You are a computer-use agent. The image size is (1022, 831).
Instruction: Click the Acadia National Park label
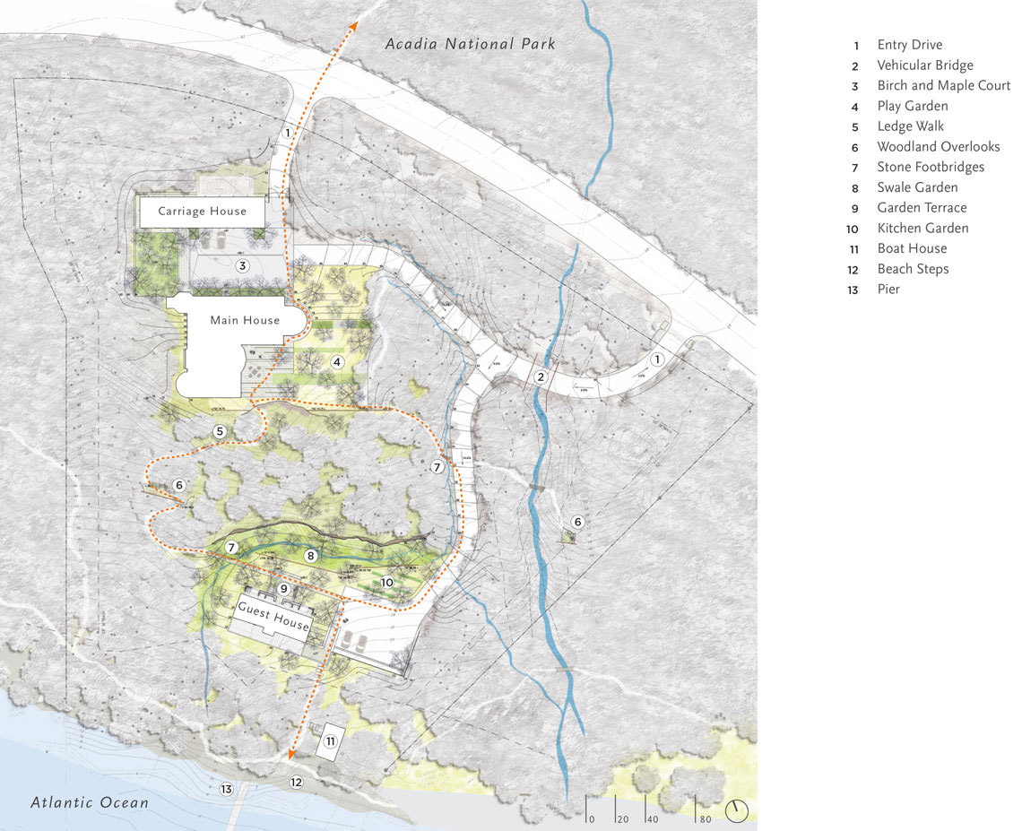471,43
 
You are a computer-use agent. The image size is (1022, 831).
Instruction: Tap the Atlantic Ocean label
90,802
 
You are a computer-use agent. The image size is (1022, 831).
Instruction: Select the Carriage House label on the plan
202,212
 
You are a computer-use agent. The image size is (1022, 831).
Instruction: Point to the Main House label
245,320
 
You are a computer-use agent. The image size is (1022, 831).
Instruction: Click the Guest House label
273,617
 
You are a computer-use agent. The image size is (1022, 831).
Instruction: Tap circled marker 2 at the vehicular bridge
541,377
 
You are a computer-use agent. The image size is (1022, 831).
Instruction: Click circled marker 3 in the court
241,266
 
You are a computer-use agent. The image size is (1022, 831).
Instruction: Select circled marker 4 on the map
337,362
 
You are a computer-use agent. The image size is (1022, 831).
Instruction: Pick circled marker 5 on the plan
220,431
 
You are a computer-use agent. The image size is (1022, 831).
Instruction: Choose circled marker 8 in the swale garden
311,556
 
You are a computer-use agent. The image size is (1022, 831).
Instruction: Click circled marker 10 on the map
386,582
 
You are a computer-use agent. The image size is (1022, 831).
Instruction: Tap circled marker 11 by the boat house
331,741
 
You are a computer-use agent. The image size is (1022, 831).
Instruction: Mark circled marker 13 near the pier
227,789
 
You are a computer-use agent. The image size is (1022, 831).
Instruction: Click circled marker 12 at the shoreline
296,783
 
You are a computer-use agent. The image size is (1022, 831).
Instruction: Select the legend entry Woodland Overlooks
938,146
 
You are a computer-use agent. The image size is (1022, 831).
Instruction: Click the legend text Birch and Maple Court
943,85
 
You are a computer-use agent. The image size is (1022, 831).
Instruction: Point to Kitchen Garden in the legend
922,228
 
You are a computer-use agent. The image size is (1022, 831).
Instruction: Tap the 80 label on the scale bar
705,818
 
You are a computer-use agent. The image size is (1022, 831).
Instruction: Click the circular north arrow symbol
737,810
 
